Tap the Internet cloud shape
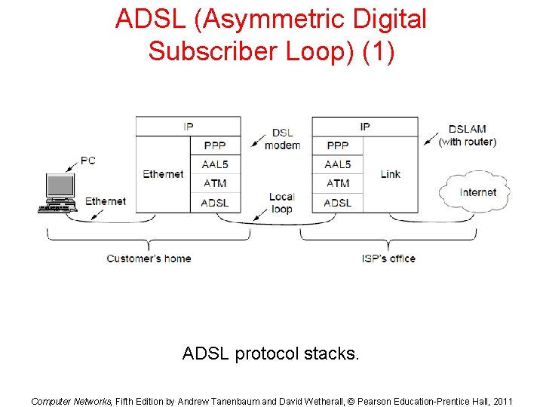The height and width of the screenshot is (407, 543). [x=477, y=192]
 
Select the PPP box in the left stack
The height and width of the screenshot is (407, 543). [x=215, y=145]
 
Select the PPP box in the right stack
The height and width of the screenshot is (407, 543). [x=337, y=145]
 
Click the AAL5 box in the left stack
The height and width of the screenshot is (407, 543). [x=215, y=164]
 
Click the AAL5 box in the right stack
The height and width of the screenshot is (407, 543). [x=337, y=164]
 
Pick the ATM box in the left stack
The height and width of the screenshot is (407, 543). [x=215, y=183]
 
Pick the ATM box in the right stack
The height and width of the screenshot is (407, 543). [x=337, y=183]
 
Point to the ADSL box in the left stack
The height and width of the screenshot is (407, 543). [x=215, y=202]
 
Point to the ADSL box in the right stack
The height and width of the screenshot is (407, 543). [x=337, y=202]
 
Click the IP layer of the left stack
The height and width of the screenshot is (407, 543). [x=188, y=127]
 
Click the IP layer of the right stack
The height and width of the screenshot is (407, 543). [x=364, y=127]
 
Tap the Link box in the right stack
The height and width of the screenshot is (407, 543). [x=390, y=174]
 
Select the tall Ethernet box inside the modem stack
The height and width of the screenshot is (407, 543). [x=163, y=174]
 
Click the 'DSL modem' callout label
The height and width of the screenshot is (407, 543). [x=283, y=139]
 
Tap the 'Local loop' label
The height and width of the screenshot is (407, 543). [x=281, y=203]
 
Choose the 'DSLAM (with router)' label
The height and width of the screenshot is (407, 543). [x=468, y=136]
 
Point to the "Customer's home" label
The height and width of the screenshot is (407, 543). [x=149, y=259]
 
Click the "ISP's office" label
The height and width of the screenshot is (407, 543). [x=388, y=259]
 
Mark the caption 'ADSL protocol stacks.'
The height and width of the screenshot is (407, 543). [x=271, y=353]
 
